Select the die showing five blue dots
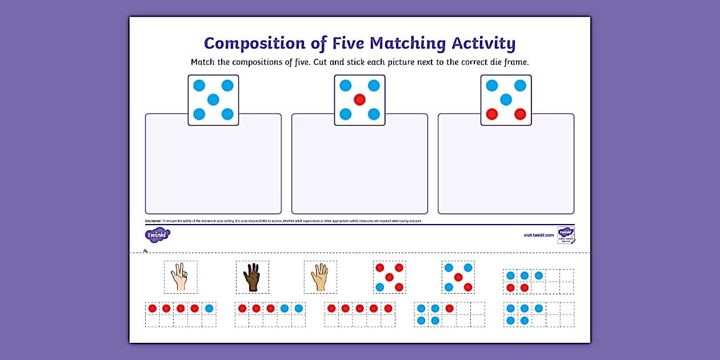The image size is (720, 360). coord(213,100)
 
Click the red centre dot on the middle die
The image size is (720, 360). coord(359,100)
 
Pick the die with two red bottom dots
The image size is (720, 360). coord(506,100)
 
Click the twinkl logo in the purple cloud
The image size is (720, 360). coord(158,235)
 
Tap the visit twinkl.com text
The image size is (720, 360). coord(539,235)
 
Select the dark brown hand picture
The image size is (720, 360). coord(252,277)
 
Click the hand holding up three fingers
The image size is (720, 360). coord(180,277)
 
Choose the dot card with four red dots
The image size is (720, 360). coord(389,277)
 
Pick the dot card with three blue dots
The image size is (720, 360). coord(458,277)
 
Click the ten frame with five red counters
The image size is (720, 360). coord(359,314)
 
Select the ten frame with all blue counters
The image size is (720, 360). coord(538,314)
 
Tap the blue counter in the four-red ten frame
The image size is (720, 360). coord(209,309)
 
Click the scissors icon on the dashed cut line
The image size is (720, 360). coord(146,251)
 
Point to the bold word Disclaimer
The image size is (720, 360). coord(153,221)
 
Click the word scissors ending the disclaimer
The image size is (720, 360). coord(417,221)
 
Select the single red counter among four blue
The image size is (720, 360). coord(449,309)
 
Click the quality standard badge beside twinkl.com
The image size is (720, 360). coord(566,235)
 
